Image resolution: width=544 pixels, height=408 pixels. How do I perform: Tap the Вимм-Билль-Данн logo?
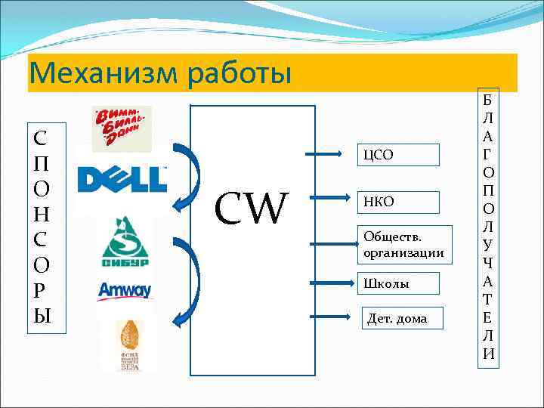(121, 128)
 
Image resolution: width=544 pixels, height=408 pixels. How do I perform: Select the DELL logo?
(122, 179)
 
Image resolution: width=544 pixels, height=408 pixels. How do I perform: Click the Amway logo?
(125, 290)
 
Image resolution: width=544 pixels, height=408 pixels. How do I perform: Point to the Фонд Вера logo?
(129, 345)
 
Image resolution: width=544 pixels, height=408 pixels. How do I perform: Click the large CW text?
(252, 209)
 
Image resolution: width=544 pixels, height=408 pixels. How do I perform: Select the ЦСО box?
(397, 155)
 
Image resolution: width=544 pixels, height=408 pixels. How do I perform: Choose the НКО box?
(397, 202)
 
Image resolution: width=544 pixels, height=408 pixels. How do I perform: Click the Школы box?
(397, 284)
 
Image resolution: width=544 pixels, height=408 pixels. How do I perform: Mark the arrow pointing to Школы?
(332, 285)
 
